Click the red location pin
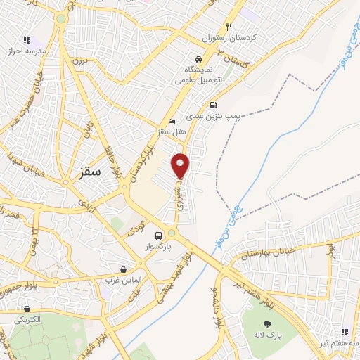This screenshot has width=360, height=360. (x=181, y=165)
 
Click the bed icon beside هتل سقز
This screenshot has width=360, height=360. (x=172, y=121)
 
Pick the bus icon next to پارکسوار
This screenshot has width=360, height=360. (x=157, y=236)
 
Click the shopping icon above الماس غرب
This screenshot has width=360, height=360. (x=124, y=269)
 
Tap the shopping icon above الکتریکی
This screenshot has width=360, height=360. (x=27, y=309)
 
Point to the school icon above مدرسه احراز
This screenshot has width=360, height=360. (x=27, y=40)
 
